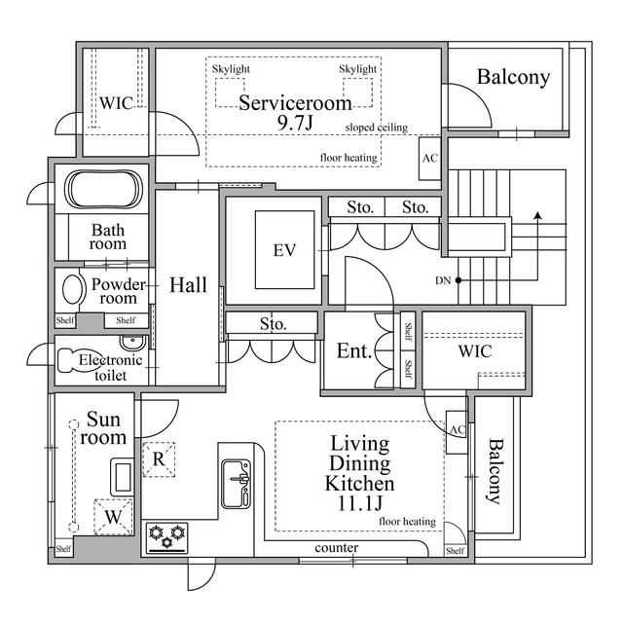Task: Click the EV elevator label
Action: coord(284,250)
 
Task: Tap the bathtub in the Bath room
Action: coord(103,189)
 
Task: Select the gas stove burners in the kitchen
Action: coord(166,537)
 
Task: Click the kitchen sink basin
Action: coord(236,484)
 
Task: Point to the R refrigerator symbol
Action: coord(159,459)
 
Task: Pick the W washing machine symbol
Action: coord(113,517)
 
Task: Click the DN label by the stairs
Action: coord(443,280)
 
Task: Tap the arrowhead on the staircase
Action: coord(537,215)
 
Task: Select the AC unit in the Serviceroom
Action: coord(430,158)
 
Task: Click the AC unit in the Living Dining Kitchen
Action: coord(457,432)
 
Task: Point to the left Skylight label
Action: coord(231,69)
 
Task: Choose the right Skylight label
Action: coord(357,69)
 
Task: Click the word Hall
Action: coord(188,285)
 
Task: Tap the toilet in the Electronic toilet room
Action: coord(76,360)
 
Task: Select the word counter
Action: coord(336,548)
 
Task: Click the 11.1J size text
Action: coord(360,503)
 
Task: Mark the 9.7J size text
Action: coord(295,123)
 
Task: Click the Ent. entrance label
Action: coord(354,350)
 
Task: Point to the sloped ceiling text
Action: coord(377,128)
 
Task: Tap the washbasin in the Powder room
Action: coord(73,289)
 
